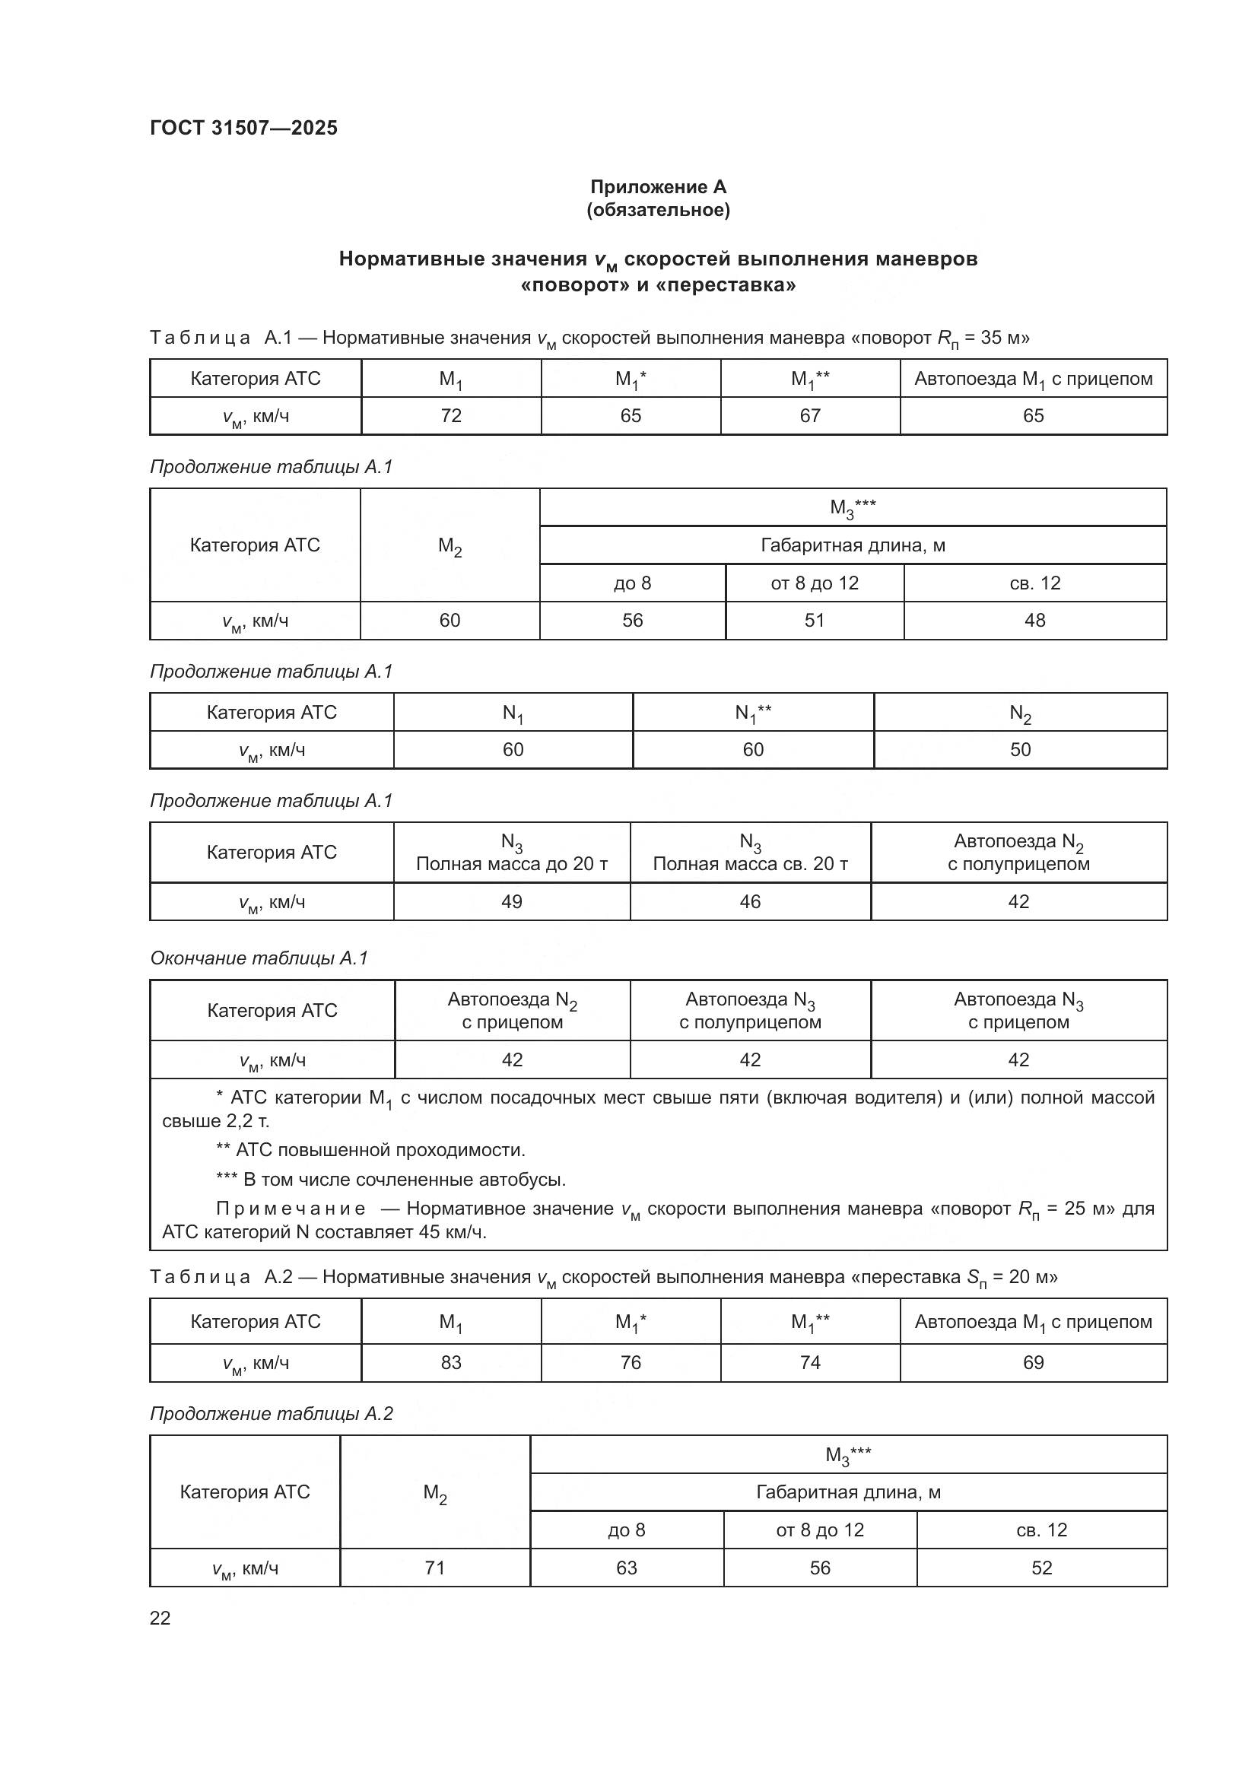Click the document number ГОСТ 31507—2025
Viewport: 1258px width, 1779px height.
click(x=243, y=128)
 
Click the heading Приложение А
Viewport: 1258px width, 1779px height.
click(x=658, y=187)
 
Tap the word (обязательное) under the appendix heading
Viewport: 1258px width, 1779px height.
click(x=658, y=210)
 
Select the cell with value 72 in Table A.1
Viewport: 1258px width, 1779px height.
click(x=451, y=416)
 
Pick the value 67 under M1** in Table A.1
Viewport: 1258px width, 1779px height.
click(x=810, y=416)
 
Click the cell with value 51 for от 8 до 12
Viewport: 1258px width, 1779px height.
click(x=814, y=621)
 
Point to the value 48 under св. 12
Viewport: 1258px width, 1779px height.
click(x=1034, y=621)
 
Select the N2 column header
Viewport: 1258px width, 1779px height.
click(x=1020, y=713)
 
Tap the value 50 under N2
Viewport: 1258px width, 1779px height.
click(x=1020, y=750)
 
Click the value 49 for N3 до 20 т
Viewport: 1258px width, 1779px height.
click(x=512, y=902)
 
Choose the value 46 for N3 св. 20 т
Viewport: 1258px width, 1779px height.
click(x=750, y=902)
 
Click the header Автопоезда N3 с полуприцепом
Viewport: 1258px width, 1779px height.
click(x=750, y=1010)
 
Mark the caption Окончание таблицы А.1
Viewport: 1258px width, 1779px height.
click(x=259, y=958)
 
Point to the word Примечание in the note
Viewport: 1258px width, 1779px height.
click(x=291, y=1209)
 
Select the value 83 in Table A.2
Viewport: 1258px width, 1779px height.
click(x=451, y=1363)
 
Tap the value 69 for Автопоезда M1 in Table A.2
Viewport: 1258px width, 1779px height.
click(x=1034, y=1363)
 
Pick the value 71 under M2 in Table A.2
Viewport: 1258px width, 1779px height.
click(x=434, y=1568)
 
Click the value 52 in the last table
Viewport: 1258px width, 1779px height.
click(x=1041, y=1568)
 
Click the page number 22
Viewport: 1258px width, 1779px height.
click(x=160, y=1619)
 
